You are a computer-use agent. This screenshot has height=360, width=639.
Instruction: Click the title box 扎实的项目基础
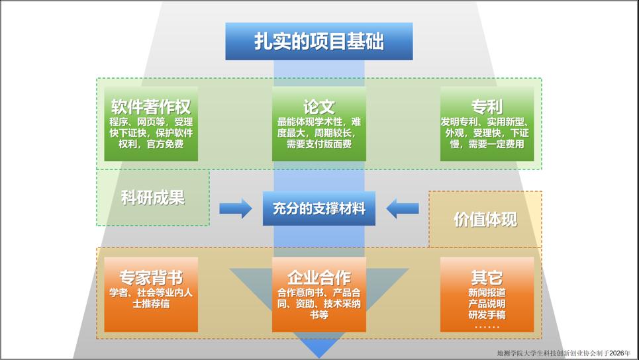coord(319,41)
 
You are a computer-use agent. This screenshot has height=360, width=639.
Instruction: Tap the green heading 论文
coord(319,107)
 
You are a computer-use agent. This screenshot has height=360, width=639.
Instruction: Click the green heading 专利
coord(487,107)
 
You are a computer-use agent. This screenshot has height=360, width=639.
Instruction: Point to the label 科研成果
coord(152,197)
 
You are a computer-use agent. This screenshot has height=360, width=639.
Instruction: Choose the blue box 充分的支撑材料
coord(319,208)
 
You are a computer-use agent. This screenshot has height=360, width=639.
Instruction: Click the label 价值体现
coord(485,220)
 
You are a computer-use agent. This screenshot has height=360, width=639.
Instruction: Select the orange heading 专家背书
coord(151,277)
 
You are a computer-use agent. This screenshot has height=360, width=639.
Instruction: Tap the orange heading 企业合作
coord(319,277)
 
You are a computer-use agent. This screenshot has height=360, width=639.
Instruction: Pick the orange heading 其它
coord(487,277)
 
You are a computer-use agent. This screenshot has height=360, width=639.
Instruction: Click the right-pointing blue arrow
coord(235,208)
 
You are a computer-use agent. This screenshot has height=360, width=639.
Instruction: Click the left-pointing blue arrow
coord(403,208)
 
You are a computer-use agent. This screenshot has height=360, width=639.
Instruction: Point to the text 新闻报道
coord(487,292)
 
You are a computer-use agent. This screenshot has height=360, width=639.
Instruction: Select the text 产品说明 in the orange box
coord(487,303)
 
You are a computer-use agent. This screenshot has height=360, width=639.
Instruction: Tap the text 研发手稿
coord(487,314)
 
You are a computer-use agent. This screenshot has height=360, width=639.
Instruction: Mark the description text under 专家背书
coord(151,298)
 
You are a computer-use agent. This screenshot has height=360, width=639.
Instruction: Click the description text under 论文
coord(319,132)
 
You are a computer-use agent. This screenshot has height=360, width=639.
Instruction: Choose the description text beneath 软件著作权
coord(151,132)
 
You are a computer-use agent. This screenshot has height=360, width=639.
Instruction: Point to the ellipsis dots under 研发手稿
coord(487,326)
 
